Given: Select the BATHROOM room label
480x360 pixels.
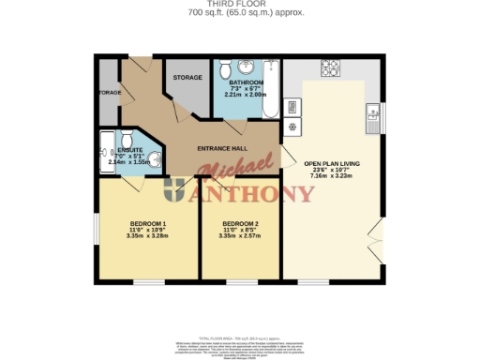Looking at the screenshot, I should pyautogui.click(x=246, y=82).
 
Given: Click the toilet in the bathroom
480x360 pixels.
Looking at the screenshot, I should pyautogui.click(x=226, y=70).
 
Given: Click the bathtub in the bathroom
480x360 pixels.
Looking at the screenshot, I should pyautogui.click(x=271, y=89).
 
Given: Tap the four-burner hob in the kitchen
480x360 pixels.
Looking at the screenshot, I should pyautogui.click(x=331, y=68).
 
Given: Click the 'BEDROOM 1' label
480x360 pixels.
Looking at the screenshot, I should pyautogui.click(x=147, y=222).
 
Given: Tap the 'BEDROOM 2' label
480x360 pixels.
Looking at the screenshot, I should pyautogui.click(x=240, y=222).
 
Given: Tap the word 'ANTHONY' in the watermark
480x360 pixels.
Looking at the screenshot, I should pyautogui.click(x=252, y=194).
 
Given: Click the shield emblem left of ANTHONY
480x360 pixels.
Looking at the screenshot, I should pyautogui.click(x=175, y=194).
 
